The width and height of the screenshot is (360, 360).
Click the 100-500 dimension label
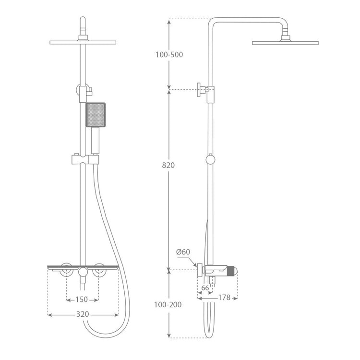(169, 55)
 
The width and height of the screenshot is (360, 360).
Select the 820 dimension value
(168, 165)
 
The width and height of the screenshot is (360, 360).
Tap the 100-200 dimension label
(168, 305)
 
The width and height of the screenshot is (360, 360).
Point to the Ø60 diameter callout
(183, 252)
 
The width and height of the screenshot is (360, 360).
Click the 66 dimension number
(205, 288)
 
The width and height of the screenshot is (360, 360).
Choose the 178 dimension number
(224, 298)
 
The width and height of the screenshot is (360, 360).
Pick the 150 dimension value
(82, 300)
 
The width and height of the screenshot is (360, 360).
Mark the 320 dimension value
(83, 314)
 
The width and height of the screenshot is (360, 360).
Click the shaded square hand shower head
(96, 115)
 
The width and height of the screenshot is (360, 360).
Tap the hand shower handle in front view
(96, 140)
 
